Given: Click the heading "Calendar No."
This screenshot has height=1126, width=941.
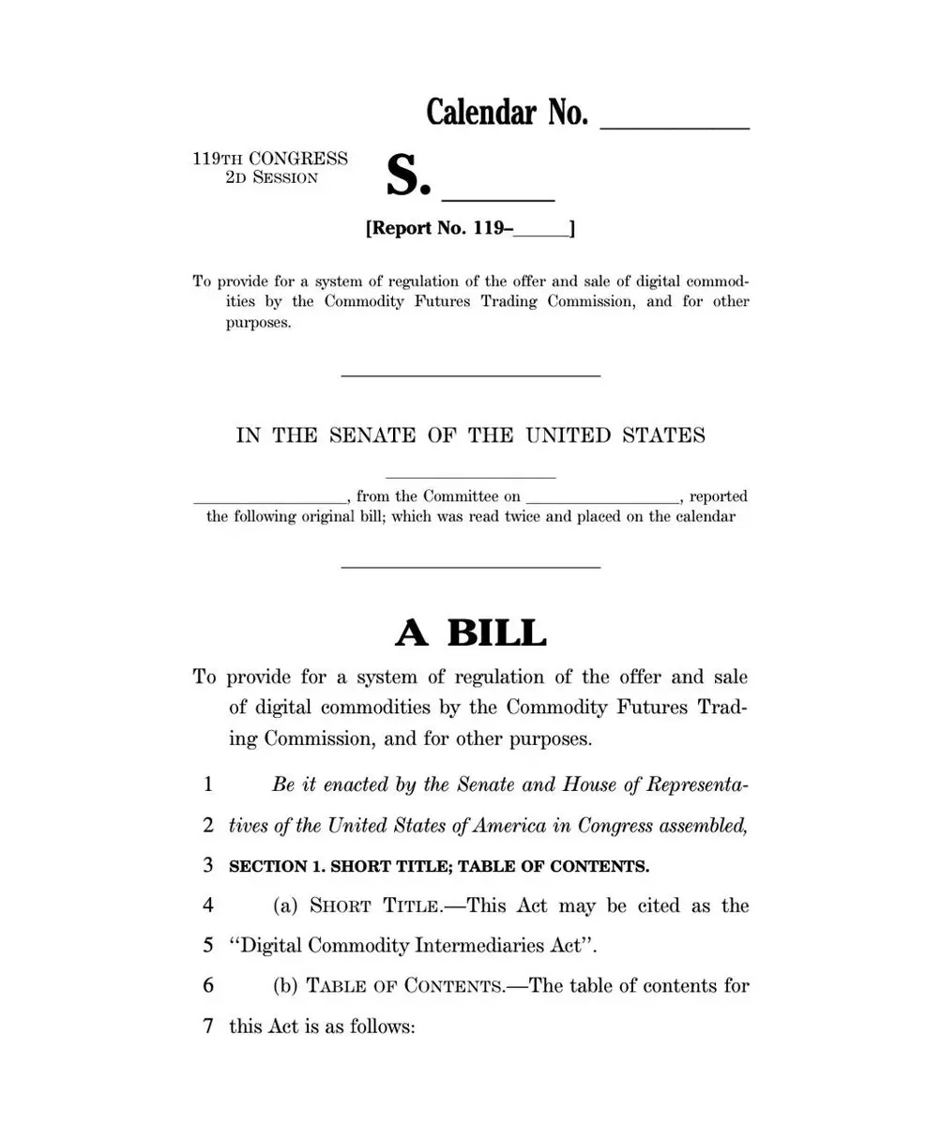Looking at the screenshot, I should click(507, 113).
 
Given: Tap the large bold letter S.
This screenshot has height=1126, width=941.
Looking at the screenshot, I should click(407, 175).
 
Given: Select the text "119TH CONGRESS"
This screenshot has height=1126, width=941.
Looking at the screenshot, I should click(270, 159).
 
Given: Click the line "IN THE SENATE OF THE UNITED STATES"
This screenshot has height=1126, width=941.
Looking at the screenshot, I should click(470, 435).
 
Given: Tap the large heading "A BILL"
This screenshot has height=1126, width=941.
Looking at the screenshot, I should click(470, 633).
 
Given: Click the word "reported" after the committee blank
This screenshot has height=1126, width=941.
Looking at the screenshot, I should click(718, 496).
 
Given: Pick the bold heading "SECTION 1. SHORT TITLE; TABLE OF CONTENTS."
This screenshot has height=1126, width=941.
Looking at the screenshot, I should click(439, 866).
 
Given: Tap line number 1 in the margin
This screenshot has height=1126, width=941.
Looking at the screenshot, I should click(207, 784).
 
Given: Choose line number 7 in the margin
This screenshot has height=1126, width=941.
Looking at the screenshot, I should click(207, 1027).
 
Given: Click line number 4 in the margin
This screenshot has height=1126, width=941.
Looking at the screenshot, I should click(207, 905).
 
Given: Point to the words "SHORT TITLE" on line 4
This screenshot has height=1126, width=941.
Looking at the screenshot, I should click(375, 905).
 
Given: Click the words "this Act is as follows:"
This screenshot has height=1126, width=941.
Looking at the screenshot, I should click(322, 1027).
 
